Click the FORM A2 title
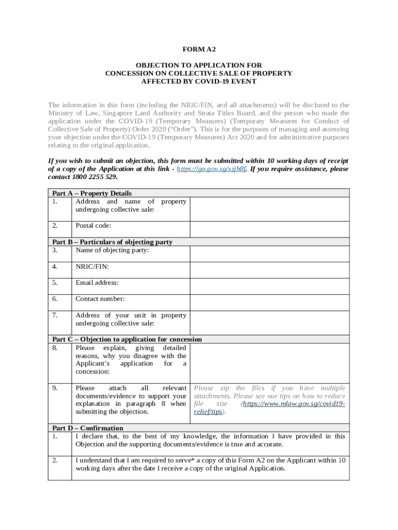(199, 49)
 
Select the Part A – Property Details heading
(92, 193)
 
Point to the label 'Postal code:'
(94, 226)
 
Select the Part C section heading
(127, 339)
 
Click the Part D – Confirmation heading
(88, 428)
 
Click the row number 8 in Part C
(55, 348)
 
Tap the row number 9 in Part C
(55, 388)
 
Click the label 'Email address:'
(97, 283)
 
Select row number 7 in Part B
(55, 315)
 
